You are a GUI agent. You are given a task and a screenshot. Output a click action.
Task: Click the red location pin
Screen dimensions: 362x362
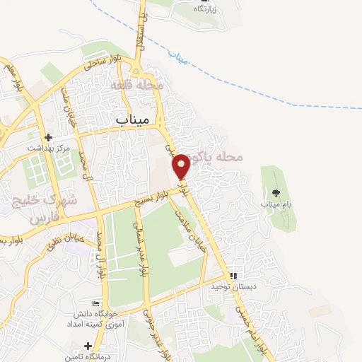click(182, 165)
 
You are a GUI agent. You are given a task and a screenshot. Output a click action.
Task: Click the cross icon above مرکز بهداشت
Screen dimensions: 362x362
click(48, 137)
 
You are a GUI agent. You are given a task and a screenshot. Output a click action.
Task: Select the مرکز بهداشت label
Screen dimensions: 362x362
click(47, 148)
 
